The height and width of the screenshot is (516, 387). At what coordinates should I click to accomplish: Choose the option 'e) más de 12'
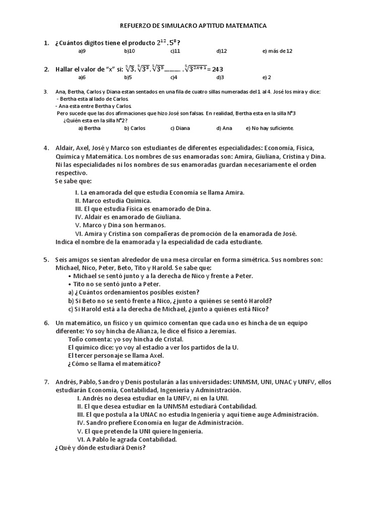(277, 51)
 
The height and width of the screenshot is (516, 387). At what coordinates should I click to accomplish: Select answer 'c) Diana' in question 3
(180, 128)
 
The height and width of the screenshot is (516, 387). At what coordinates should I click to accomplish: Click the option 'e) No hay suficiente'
(270, 128)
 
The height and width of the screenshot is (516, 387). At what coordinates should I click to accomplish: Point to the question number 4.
(46, 148)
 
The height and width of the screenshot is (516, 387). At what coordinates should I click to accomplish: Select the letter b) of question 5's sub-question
(71, 301)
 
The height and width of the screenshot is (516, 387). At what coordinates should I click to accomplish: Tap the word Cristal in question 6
(164, 339)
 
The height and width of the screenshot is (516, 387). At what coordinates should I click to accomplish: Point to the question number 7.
(46, 381)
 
